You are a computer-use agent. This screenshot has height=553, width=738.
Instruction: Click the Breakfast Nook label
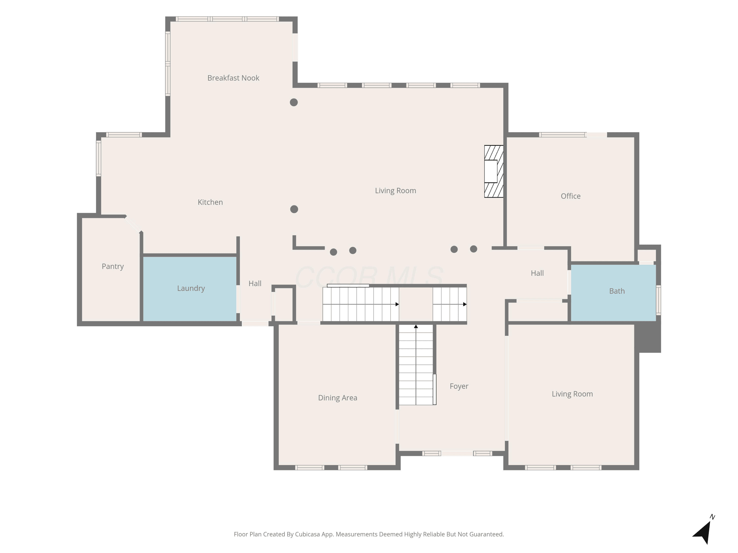233,78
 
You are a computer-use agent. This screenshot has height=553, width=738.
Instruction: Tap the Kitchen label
210,202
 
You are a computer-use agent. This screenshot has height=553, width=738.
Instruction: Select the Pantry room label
113,266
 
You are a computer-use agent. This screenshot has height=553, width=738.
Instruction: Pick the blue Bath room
613,293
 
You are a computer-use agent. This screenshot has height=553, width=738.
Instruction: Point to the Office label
570,196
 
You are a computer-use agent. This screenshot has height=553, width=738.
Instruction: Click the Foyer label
459,386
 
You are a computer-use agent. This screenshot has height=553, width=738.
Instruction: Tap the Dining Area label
338,398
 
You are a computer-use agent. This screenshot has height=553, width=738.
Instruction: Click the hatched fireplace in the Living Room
494,171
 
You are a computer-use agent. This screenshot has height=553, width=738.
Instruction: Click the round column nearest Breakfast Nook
293,102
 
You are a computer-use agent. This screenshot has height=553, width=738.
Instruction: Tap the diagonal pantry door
133,224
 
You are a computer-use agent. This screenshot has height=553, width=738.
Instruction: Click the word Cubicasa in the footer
307,534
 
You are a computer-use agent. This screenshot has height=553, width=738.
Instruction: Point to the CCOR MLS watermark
369,277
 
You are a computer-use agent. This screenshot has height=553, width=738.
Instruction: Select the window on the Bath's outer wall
658,300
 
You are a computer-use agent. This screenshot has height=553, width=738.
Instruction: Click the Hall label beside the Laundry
255,284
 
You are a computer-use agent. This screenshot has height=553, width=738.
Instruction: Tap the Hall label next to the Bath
537,273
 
